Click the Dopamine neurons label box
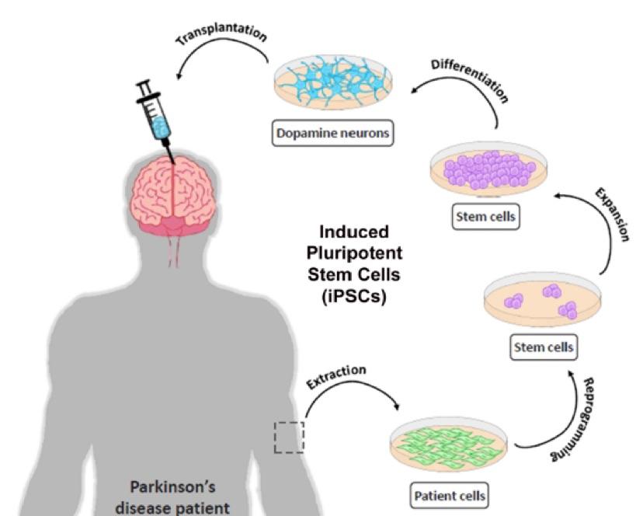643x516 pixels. tap(332, 134)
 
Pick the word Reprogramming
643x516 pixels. tap(579, 420)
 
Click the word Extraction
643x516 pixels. tap(335, 376)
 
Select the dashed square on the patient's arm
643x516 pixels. tap(289, 436)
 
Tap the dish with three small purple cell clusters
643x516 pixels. tap(543, 304)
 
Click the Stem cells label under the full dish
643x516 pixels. tap(485, 217)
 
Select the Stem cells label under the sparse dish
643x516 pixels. tap(544, 347)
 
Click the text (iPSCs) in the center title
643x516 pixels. tap(354, 296)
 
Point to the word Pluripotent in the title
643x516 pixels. tap(354, 253)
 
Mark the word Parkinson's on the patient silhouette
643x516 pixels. tap(172, 487)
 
